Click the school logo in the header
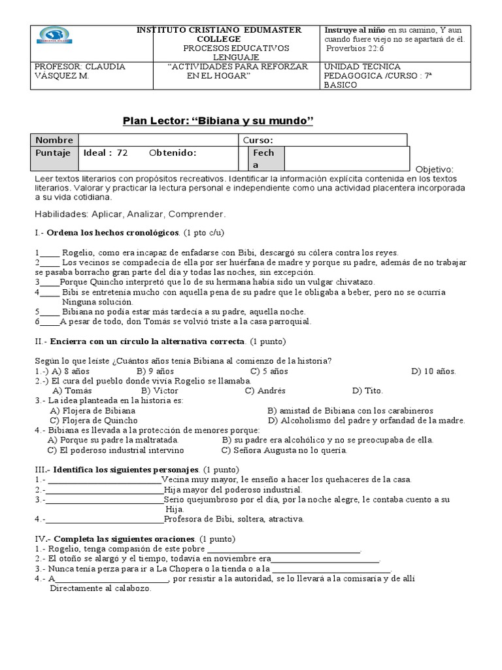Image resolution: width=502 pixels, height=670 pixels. click(x=56, y=36)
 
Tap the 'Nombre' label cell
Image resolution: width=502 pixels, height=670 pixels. click(x=54, y=140)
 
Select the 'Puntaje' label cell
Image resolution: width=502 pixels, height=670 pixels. click(x=53, y=153)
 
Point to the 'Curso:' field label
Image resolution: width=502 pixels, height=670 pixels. click(x=258, y=140)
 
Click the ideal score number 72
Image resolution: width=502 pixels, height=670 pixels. click(x=122, y=153)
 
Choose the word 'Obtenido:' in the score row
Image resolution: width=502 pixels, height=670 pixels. click(x=173, y=153)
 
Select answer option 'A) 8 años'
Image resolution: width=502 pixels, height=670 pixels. click(x=72, y=371)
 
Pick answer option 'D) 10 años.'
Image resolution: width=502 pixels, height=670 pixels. click(x=433, y=371)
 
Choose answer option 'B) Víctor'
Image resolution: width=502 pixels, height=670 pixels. click(x=160, y=391)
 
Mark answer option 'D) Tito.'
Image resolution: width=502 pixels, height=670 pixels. click(x=367, y=391)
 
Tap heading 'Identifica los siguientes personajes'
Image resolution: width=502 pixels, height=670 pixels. click(x=126, y=470)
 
